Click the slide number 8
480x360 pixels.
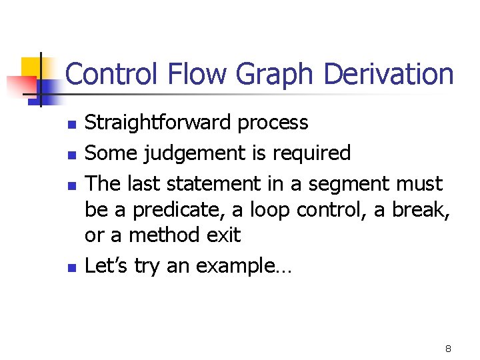(x=448, y=349)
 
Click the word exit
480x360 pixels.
(x=223, y=235)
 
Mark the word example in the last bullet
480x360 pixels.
(x=235, y=267)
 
